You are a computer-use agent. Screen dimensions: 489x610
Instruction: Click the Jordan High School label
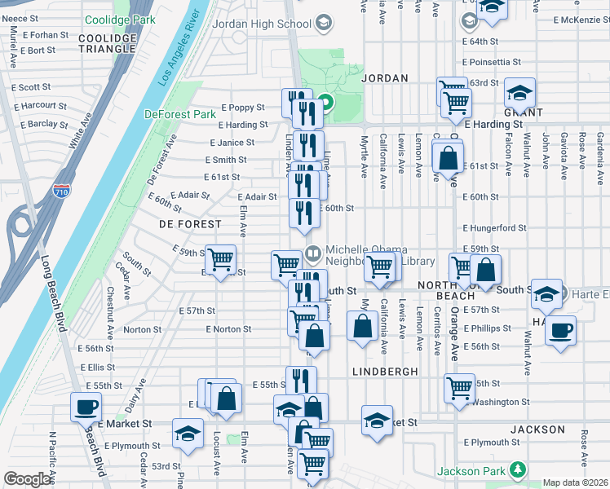click(261, 24)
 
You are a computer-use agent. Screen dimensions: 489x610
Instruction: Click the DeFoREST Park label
click(180, 115)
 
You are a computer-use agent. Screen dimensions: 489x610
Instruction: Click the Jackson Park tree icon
click(517, 470)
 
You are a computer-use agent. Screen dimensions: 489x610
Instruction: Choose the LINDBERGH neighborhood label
click(385, 371)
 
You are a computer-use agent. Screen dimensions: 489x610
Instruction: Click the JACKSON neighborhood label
click(537, 430)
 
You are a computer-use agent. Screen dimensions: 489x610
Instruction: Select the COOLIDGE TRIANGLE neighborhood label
click(108, 43)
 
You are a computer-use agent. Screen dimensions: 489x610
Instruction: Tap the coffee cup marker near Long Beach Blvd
click(86, 406)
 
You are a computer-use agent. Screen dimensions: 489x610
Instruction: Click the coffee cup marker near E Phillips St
click(560, 331)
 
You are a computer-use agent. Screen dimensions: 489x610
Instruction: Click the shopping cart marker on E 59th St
click(220, 259)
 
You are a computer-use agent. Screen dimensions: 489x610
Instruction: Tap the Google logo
click(28, 479)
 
